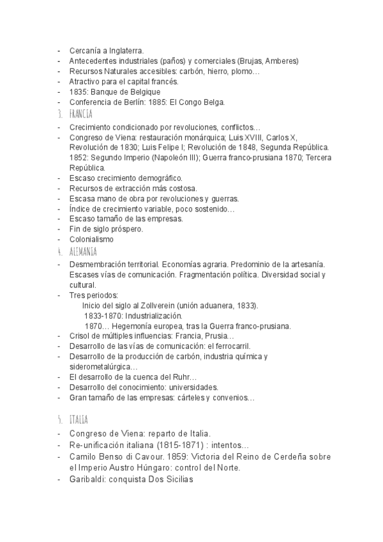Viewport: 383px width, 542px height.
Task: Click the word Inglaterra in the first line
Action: pos(124,50)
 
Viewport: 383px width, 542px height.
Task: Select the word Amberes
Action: pos(280,61)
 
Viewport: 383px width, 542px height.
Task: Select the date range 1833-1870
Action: pos(103,316)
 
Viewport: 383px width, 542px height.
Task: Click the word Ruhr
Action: pos(186,377)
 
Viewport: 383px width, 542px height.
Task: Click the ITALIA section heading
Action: pos(80,420)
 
